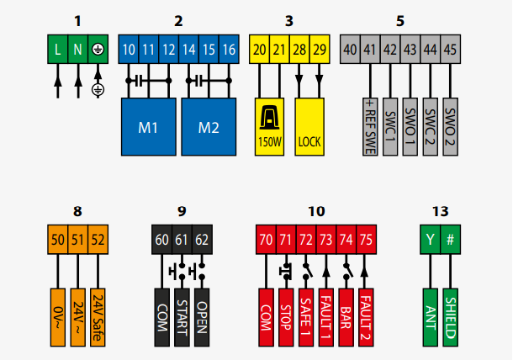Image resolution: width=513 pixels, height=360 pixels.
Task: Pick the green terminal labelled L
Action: tap(57, 50)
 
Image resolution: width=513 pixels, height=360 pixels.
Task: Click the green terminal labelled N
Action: tap(77, 50)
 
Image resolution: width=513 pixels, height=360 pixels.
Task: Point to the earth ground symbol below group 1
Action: tap(98, 89)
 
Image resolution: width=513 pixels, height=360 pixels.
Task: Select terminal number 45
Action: tap(450, 50)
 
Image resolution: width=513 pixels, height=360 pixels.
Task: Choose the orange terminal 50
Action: tap(57, 240)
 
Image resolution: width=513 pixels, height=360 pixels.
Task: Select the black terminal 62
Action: tap(202, 240)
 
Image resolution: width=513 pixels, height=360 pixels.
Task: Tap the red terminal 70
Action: tap(267, 240)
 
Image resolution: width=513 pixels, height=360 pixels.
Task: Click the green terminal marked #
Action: tap(451, 240)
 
